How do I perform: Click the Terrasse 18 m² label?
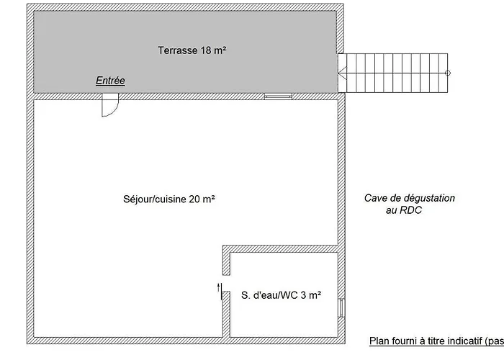coord(192,50)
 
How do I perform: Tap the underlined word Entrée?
coord(110,81)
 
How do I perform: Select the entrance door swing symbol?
coord(110,105)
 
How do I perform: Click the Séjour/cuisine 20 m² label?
coord(169,199)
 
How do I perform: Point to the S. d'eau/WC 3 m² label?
coord(282,295)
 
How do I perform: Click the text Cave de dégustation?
coord(410,198)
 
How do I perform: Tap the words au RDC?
coord(404,210)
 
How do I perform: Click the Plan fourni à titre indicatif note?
coord(436,341)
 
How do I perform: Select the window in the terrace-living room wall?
coord(278,96)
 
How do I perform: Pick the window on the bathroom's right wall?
coord(341,308)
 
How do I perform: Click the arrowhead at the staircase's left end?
coord(342,73)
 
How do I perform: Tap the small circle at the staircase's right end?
coord(448,73)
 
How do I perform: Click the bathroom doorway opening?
coord(226,283)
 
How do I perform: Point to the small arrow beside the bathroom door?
coord(219,287)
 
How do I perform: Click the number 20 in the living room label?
coord(194,199)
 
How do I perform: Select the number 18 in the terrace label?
coord(207,50)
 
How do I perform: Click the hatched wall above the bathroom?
coord(280,249)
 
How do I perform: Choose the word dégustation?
coord(429,198)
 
